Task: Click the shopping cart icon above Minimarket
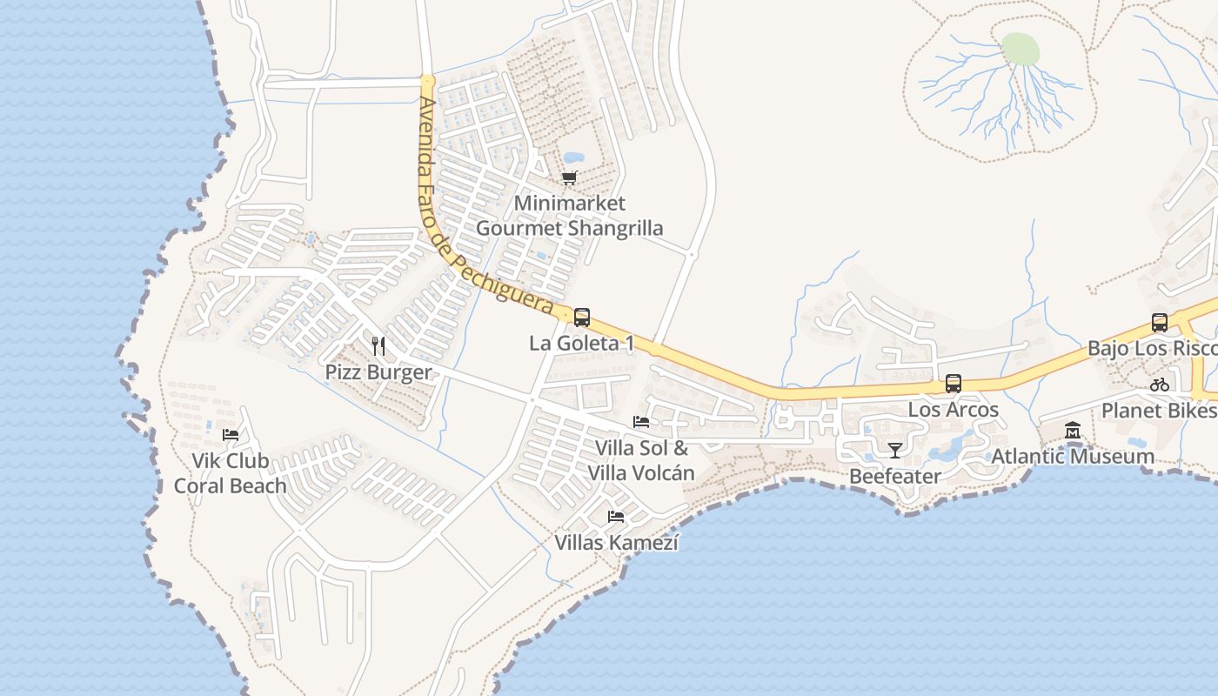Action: [569, 178]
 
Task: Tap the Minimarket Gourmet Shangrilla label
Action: [569, 216]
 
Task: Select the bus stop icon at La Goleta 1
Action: [582, 318]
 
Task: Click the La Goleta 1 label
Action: [581, 344]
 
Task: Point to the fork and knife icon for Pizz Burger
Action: [378, 346]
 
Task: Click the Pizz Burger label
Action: [378, 372]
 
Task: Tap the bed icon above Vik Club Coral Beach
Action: [231, 434]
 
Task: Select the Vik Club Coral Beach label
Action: [231, 473]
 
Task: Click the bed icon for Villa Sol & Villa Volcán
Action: [641, 422]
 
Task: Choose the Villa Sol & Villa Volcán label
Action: [641, 460]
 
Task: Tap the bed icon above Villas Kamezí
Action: [616, 517]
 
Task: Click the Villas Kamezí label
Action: [616, 543]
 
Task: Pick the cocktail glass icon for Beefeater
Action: [895, 450]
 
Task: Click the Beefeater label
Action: [895, 476]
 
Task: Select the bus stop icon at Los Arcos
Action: [954, 384]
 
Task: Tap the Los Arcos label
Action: [954, 409]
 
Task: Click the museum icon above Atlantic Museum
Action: [1073, 431]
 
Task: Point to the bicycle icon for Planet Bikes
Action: [1160, 384]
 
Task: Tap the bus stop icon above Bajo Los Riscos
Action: [1160, 323]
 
